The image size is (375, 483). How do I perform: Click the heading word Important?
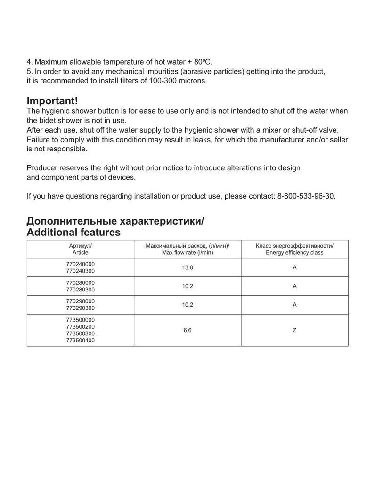point(52,101)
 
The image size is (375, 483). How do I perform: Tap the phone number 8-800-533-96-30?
point(305,196)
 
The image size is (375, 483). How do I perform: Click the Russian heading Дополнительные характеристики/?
point(115,221)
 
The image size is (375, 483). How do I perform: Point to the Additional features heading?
point(73,232)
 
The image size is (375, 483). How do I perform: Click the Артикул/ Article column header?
point(80,249)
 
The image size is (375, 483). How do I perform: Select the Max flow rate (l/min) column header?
point(187,249)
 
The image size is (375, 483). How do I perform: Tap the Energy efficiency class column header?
point(294,249)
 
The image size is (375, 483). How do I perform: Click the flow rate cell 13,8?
point(187,267)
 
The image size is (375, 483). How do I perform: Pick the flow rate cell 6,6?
point(187,330)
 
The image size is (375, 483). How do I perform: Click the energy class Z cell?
point(294,330)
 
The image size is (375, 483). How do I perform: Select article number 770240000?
point(80,264)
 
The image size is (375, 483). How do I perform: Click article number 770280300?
point(80,290)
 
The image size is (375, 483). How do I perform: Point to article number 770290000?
point(80,301)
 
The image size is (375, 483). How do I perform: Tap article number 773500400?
point(80,340)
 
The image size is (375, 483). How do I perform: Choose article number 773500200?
point(80,326)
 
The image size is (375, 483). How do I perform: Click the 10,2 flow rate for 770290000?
point(187,305)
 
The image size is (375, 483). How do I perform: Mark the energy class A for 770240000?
point(294,267)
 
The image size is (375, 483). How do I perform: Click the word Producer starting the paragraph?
point(42,168)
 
